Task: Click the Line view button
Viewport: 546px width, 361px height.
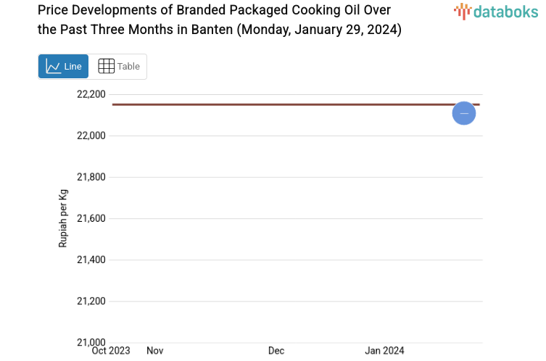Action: coord(64,66)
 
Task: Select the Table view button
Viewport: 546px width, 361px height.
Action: coord(118,66)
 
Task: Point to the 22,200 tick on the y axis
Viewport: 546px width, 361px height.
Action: coord(91,94)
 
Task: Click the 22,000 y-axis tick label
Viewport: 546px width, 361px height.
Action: coord(91,136)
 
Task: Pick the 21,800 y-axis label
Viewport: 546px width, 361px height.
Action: coord(91,177)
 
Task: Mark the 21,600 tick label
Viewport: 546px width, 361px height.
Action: coord(91,218)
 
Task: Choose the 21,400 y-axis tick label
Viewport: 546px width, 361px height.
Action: coord(91,260)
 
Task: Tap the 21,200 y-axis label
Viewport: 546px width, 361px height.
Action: coord(91,301)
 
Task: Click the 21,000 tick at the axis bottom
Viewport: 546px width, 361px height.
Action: coord(91,342)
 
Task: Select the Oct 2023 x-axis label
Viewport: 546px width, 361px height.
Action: coord(111,351)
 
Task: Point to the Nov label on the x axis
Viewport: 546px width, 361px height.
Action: coord(155,351)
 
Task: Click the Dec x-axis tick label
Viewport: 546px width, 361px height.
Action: coord(276,351)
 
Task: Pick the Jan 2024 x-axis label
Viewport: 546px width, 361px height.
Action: coord(384,351)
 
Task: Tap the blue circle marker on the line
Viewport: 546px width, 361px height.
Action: coord(464,113)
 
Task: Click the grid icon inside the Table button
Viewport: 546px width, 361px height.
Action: coord(106,66)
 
